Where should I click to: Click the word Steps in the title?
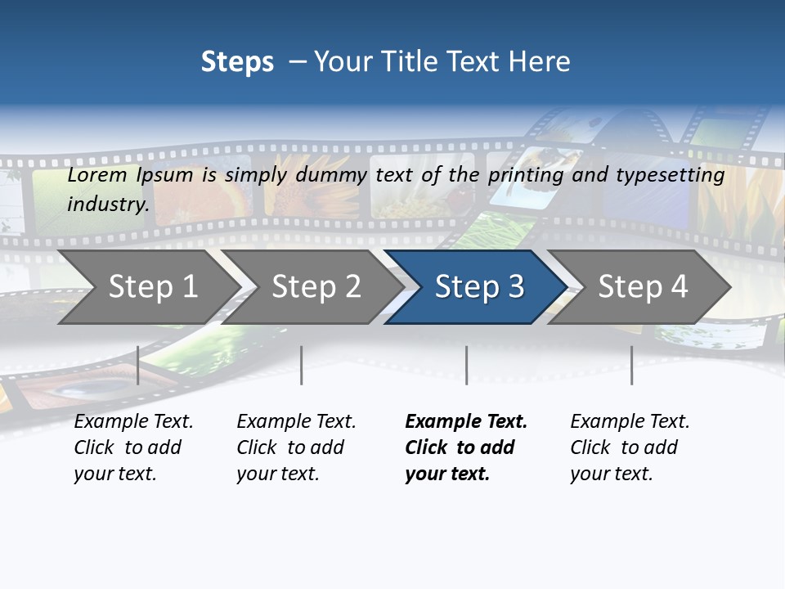tap(237, 62)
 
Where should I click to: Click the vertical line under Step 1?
tap(138, 365)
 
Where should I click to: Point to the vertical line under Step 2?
tap(302, 365)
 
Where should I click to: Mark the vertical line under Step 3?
tap(466, 365)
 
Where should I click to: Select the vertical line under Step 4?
tap(631, 365)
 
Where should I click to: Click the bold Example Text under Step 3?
tap(465, 447)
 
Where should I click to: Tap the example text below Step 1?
tap(132, 447)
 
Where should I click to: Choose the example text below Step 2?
tap(295, 447)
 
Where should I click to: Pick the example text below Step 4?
tap(629, 447)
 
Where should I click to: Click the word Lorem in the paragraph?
tap(97, 175)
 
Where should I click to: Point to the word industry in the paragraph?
tap(108, 205)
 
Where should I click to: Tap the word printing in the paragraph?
tap(519, 175)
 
